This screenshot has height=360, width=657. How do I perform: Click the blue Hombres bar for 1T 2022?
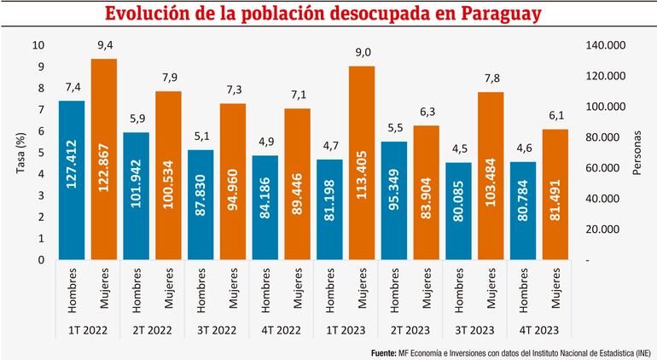pyautogui.click(x=72, y=179)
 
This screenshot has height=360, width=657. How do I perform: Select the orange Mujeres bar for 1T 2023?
pyautogui.click(x=362, y=162)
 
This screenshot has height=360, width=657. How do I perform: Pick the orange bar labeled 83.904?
pyautogui.click(x=426, y=192)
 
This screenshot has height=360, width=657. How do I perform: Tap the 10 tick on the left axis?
pyautogui.click(x=38, y=45)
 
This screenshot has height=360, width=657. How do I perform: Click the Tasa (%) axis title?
pyautogui.click(x=20, y=152)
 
